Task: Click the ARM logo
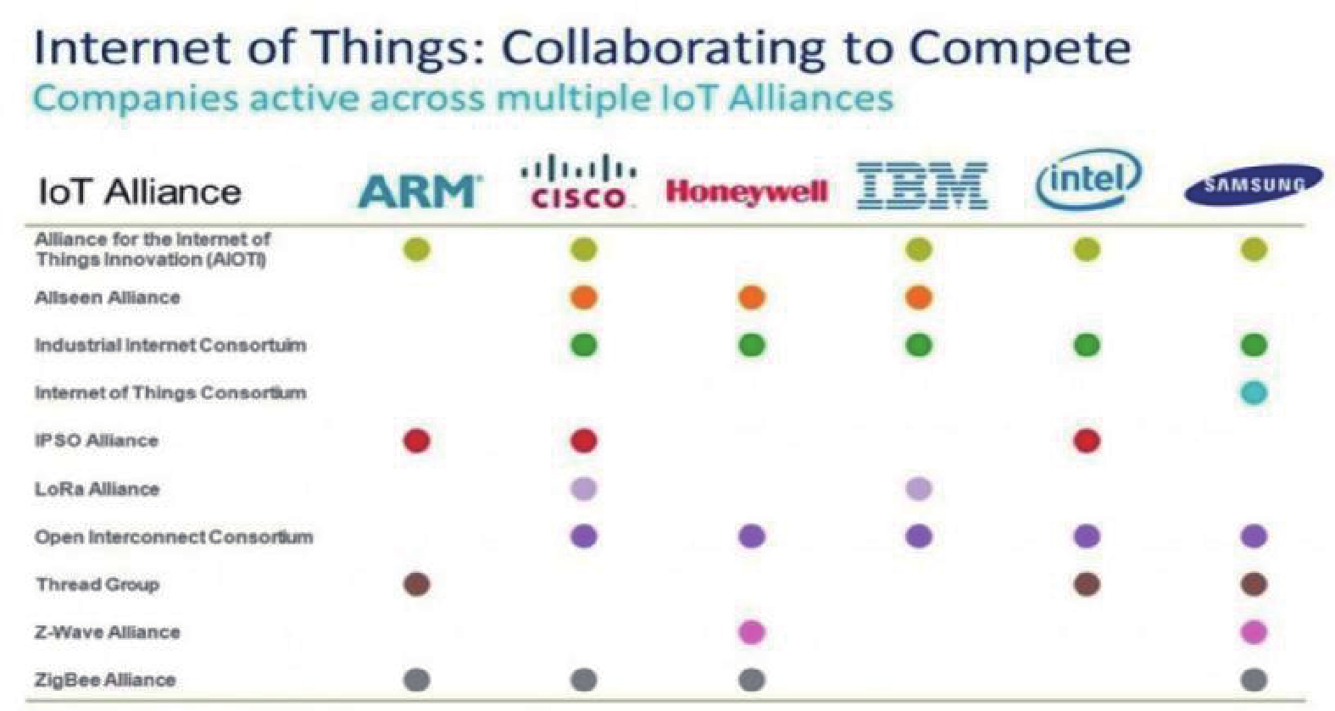[x=419, y=191]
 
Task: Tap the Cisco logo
[x=579, y=182]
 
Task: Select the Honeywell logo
[x=747, y=192]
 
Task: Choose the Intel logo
[x=1089, y=181]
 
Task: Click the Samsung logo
[x=1253, y=185]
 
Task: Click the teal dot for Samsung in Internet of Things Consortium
[x=1254, y=392]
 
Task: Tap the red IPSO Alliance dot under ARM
[x=416, y=441]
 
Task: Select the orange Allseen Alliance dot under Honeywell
[x=752, y=297]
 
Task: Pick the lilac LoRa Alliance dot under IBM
[x=919, y=489]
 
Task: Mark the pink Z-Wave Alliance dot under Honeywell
[x=752, y=632]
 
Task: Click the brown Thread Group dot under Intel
[x=1087, y=585]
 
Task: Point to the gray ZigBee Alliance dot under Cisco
[x=583, y=680]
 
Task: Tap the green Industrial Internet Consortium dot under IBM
[x=919, y=345]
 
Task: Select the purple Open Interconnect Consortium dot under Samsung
[x=1254, y=536]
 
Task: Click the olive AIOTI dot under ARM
[x=416, y=249]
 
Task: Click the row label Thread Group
[x=97, y=585]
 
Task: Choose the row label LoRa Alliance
[x=97, y=489]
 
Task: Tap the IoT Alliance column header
[x=140, y=192]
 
